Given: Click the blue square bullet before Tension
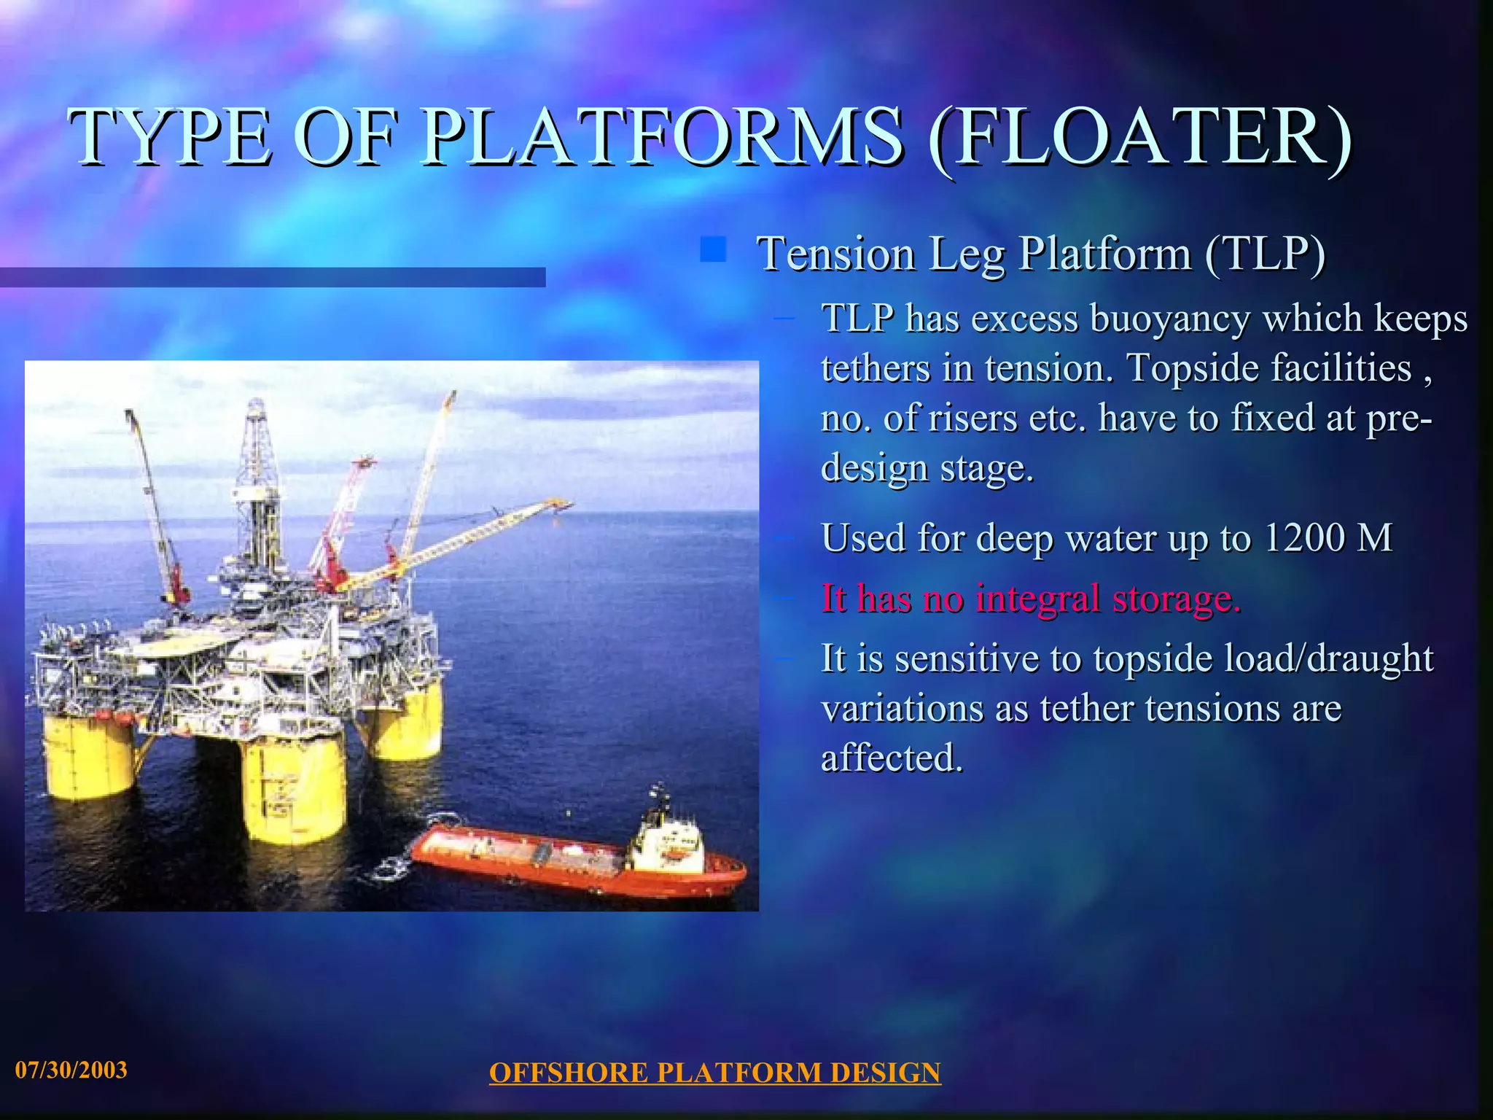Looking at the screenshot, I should pos(713,249).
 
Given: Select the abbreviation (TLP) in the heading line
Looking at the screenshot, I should pos(1265,254).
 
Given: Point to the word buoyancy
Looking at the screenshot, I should pos(1171,319).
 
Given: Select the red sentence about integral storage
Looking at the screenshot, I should pos(1030,599).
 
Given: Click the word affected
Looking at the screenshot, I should pos(892,758).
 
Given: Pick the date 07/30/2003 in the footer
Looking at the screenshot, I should pos(71,1070).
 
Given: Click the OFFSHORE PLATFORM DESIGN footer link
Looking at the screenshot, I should pos(714,1073).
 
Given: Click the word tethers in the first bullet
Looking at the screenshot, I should pos(876,368).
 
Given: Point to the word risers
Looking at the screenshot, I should pos(972,419).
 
